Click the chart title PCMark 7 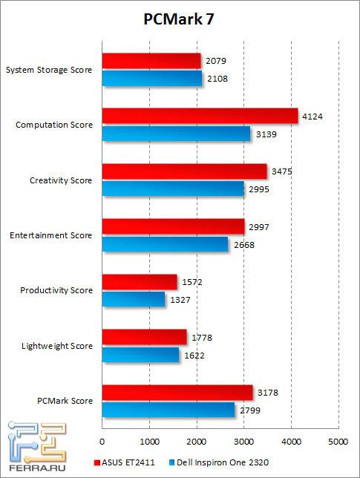coord(180,21)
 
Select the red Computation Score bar coord(200,116)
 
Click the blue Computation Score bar coord(176,134)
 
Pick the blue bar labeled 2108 coord(151,79)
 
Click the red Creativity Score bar coord(184,171)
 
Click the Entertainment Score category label coord(51,235)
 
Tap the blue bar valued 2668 coord(165,244)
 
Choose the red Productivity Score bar coord(139,282)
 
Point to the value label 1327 coord(180,300)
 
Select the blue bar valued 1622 coord(140,355)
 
